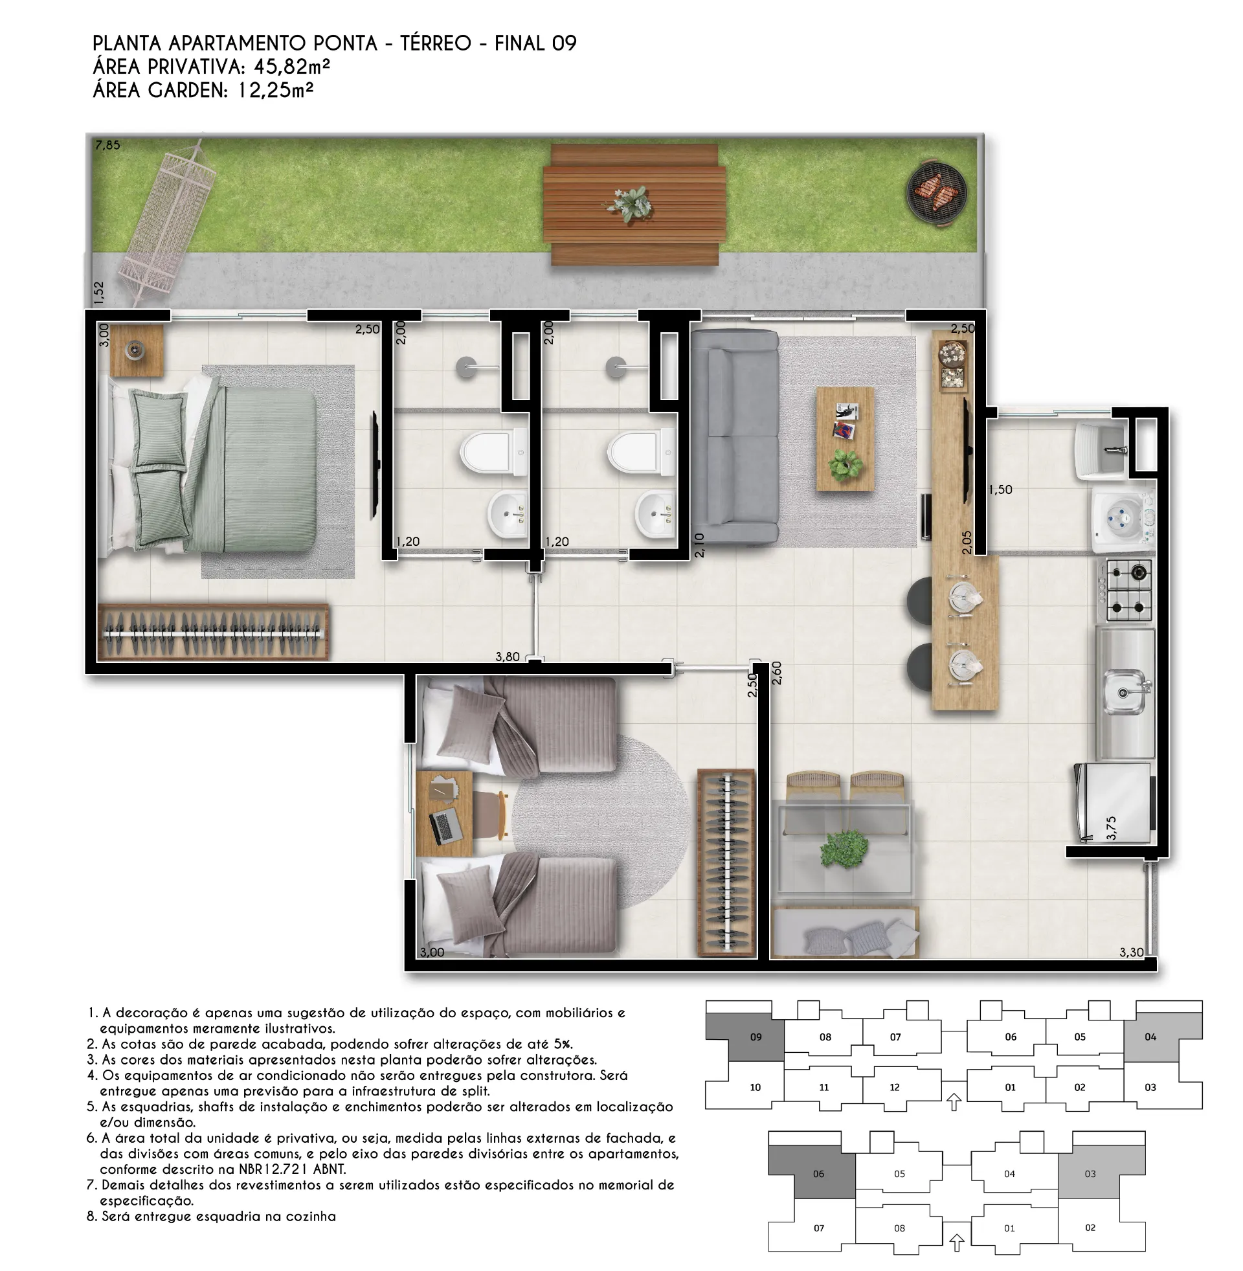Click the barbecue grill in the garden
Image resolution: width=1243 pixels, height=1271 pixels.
click(936, 194)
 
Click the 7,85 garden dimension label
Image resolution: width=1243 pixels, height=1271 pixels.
click(107, 145)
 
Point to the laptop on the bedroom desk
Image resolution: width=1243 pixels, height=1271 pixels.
click(446, 826)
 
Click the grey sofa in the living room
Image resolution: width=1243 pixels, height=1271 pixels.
click(734, 436)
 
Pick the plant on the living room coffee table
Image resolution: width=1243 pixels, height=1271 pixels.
click(845, 465)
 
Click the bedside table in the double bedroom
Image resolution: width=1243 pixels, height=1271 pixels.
click(137, 351)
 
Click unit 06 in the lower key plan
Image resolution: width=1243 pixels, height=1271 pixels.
click(818, 1174)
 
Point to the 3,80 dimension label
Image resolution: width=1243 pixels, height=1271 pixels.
click(508, 657)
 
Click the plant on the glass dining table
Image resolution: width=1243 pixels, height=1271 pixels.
click(844, 848)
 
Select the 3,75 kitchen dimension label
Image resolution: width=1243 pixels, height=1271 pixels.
click(1111, 827)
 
